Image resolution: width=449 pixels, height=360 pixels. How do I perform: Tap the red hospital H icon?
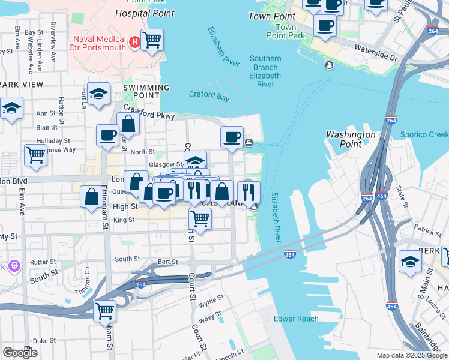point(135,42)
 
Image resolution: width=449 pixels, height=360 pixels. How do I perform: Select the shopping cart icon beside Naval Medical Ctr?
point(152,40)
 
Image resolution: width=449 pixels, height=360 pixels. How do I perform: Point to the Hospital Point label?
point(145,13)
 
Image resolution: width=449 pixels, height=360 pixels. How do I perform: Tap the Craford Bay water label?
point(209,94)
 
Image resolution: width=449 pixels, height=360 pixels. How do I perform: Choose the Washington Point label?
point(351,139)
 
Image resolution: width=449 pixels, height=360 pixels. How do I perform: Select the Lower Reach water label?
point(296,319)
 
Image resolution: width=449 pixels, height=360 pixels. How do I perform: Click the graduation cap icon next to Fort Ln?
point(98,94)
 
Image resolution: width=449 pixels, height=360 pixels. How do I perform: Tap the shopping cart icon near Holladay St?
point(35,155)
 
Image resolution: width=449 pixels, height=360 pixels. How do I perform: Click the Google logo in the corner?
point(20,352)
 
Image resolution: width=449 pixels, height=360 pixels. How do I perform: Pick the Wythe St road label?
point(211,298)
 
